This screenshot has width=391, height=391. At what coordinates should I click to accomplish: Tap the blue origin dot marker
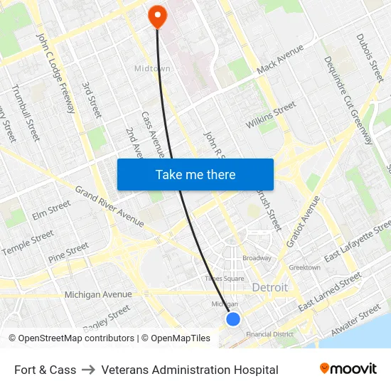(x=233, y=319)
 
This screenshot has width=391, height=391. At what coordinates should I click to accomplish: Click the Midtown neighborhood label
(x=151, y=68)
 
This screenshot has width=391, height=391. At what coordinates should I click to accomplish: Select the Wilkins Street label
(x=271, y=115)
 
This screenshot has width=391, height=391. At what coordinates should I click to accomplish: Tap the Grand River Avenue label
(x=109, y=208)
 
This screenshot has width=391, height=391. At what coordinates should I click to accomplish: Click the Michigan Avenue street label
(x=98, y=294)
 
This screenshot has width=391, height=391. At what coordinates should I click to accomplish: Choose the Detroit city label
(x=270, y=288)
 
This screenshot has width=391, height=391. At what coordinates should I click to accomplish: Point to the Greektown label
(x=304, y=267)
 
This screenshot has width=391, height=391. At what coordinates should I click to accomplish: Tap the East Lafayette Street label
(x=356, y=242)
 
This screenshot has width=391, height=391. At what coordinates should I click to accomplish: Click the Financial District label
(x=269, y=334)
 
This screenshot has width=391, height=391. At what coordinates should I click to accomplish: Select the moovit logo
(x=348, y=369)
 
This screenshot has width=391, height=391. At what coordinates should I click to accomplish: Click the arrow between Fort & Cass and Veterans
(x=89, y=370)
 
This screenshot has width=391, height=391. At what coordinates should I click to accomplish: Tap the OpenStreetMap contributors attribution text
(x=71, y=338)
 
